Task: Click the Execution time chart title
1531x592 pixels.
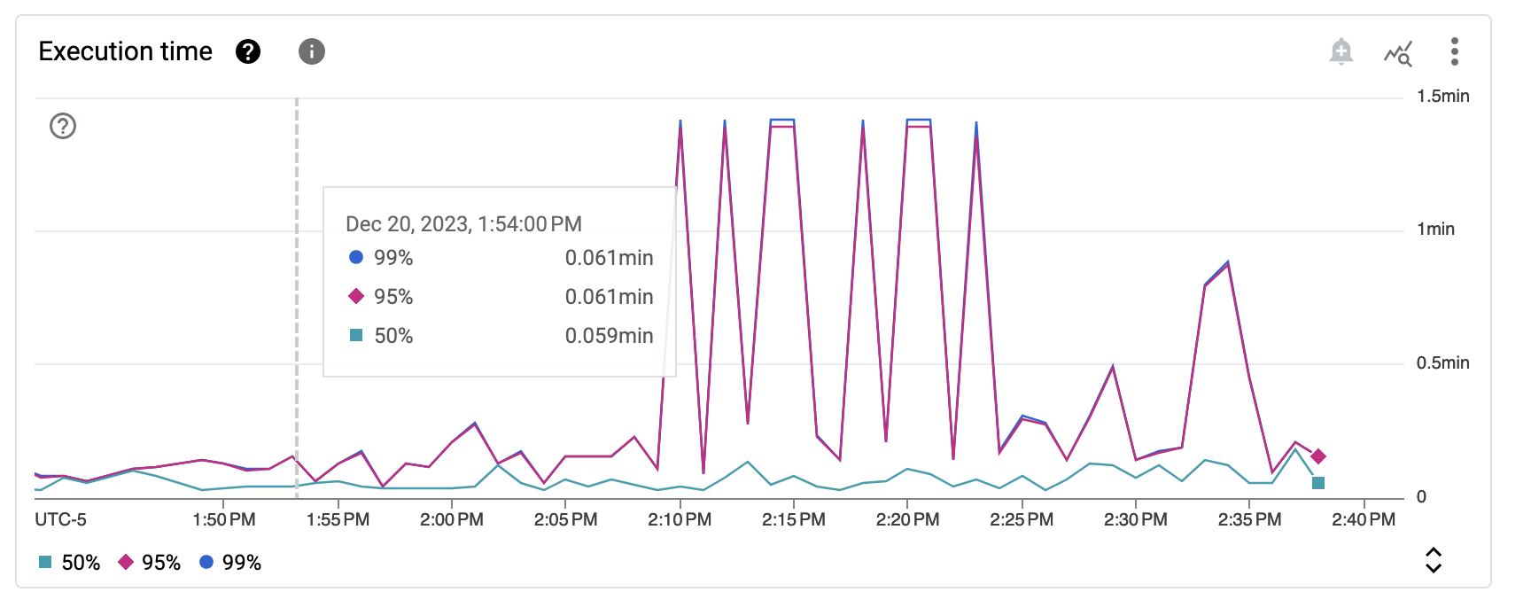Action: [125, 51]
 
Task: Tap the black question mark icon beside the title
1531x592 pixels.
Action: [248, 51]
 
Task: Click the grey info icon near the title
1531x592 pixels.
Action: [311, 51]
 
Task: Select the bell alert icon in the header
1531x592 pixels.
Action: [1341, 51]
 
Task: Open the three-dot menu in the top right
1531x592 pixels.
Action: [1454, 51]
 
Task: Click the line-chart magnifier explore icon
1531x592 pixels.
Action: [1398, 53]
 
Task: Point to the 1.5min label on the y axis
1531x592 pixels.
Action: [1442, 96]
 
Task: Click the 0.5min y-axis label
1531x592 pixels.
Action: [1442, 362]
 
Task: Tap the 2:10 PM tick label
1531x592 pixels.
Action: [680, 519]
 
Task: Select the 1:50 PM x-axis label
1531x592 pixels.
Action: [224, 519]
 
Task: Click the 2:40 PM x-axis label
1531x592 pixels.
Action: [1364, 519]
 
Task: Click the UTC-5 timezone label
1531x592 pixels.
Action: [61, 519]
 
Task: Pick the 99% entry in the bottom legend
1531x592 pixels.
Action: [230, 563]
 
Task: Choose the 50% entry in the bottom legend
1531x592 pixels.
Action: [70, 563]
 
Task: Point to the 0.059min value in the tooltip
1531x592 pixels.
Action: [609, 336]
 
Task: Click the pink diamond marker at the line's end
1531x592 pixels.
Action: [1318, 456]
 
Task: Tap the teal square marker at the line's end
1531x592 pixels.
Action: [1318, 483]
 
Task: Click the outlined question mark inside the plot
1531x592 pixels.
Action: [63, 126]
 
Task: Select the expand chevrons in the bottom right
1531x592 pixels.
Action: [1433, 560]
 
